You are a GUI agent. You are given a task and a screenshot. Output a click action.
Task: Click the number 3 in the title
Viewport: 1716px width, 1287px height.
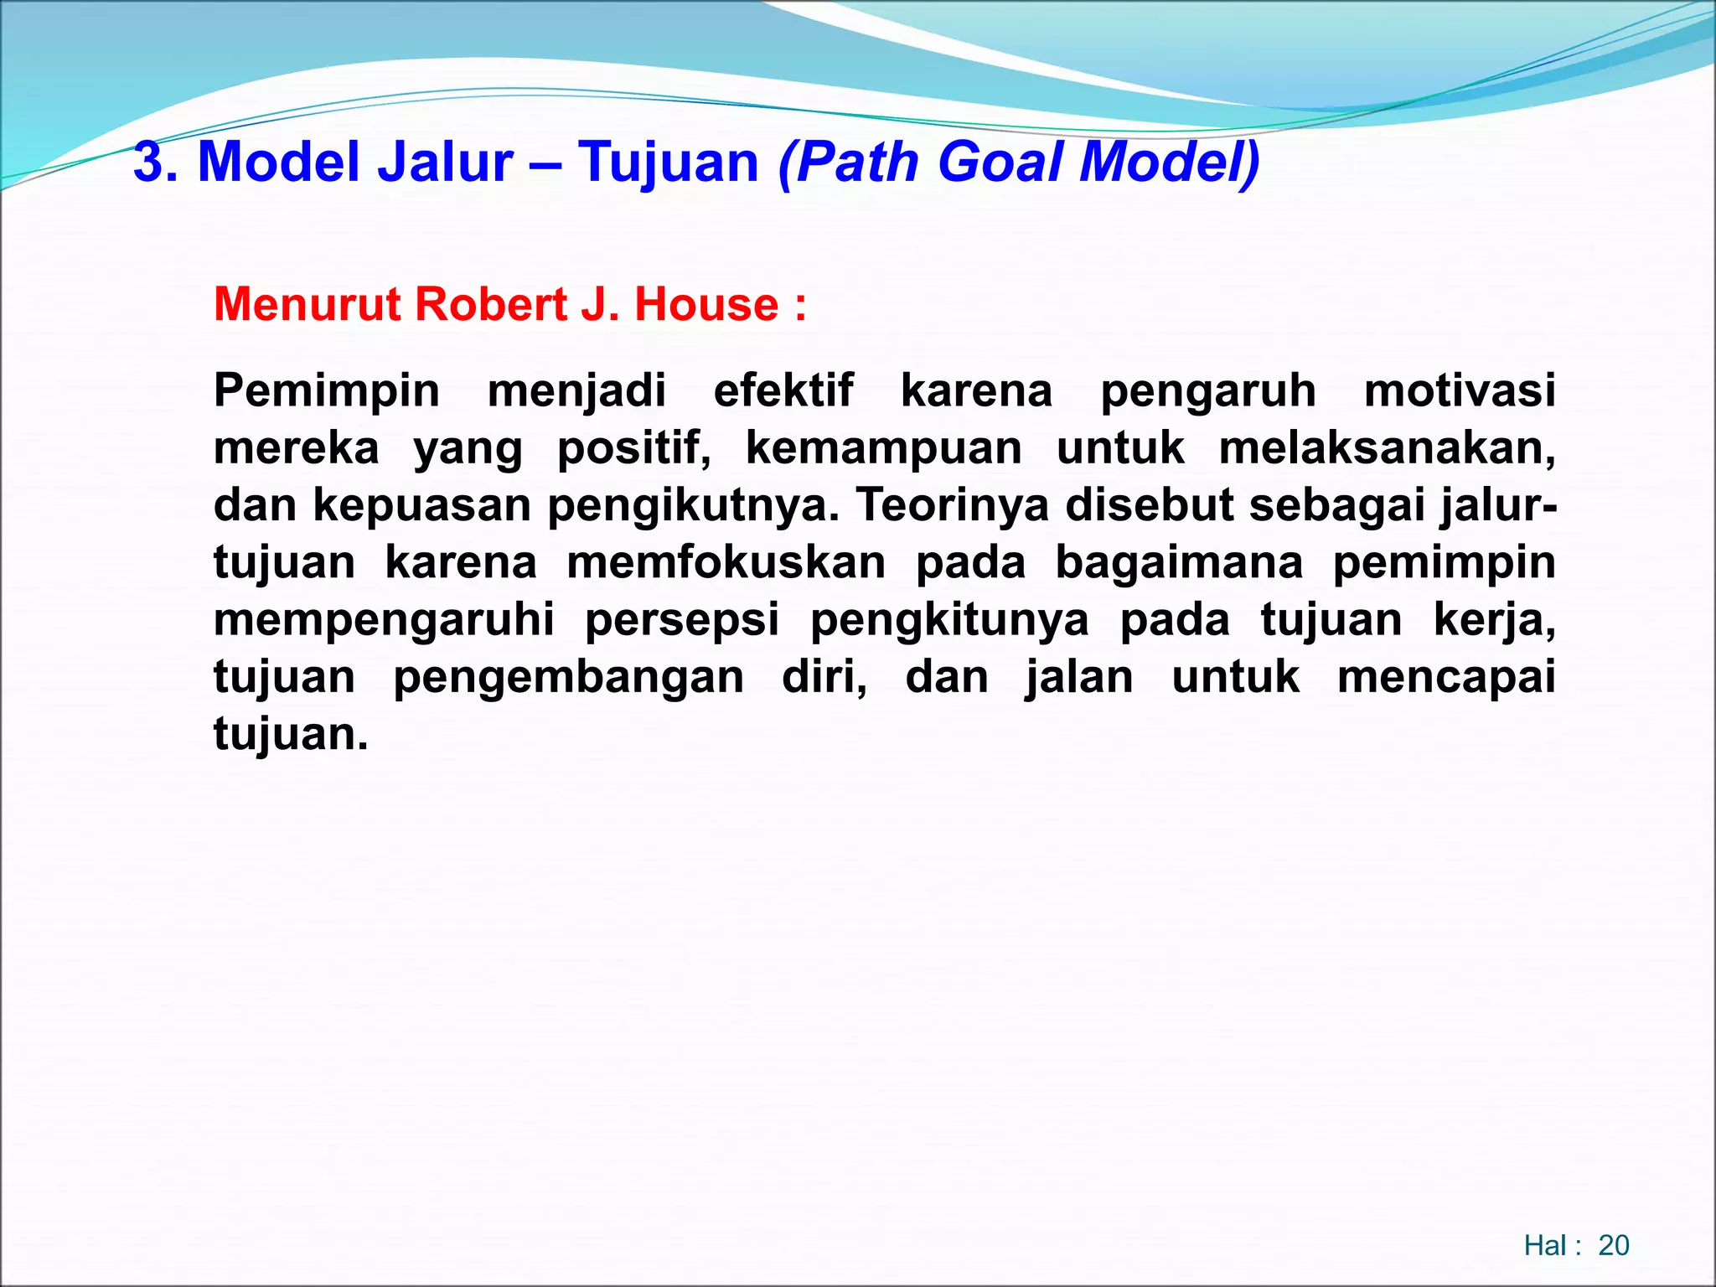point(149,162)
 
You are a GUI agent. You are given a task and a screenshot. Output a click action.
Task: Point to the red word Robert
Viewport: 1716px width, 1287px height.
point(491,304)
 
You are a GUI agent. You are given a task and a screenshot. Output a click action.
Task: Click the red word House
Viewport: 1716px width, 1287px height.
point(706,304)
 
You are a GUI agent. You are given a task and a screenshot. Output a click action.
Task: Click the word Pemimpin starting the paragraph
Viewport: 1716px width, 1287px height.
point(326,391)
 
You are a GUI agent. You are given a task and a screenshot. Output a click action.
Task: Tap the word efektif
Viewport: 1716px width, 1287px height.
point(783,391)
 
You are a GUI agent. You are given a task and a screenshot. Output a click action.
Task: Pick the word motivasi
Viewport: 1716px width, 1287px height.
point(1460,391)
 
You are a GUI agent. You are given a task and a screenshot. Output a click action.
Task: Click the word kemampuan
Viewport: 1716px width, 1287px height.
point(883,448)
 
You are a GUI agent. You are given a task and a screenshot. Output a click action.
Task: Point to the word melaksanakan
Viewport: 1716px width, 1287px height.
point(1387,448)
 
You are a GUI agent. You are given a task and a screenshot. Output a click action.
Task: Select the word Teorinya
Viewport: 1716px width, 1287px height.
point(952,505)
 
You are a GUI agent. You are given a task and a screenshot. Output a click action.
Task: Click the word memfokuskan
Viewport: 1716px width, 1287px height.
point(726,562)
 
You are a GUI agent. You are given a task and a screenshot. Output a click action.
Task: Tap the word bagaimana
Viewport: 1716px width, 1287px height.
point(1179,562)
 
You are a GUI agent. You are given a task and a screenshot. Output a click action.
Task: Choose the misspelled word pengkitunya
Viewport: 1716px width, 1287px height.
point(949,620)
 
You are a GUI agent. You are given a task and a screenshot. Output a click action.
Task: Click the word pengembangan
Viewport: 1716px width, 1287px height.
point(568,677)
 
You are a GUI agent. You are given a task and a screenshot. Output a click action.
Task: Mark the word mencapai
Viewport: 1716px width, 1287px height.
point(1446,677)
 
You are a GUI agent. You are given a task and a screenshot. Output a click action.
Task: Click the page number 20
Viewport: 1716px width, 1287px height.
point(1613,1246)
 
